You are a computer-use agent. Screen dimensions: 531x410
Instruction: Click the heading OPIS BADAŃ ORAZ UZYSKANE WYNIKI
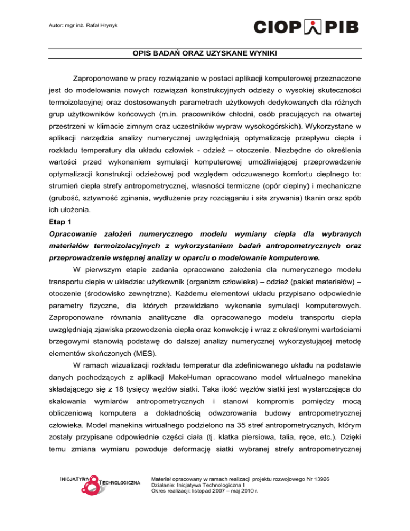205,53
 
